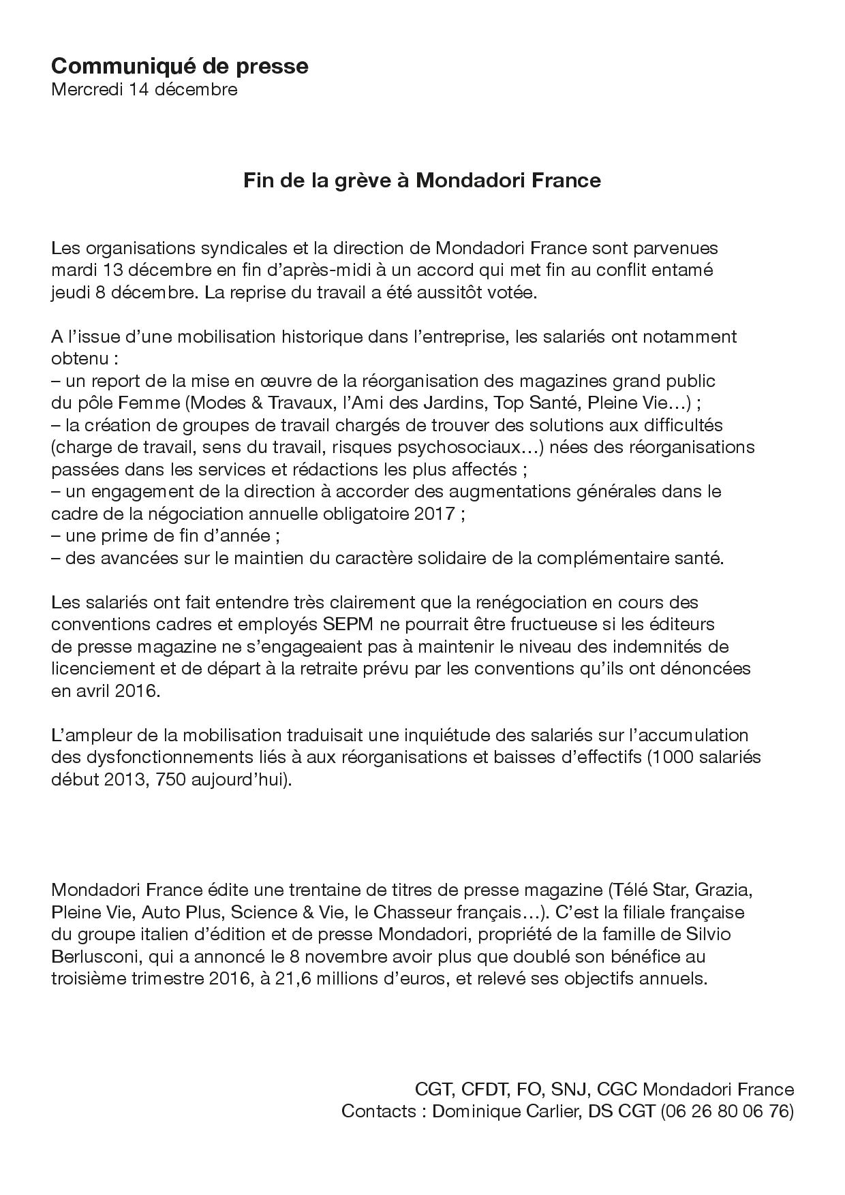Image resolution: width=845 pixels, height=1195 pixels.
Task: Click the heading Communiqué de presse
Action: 179,66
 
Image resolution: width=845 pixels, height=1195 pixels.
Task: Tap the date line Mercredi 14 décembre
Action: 144,89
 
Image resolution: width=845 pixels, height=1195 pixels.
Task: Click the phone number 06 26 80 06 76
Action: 724,1111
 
